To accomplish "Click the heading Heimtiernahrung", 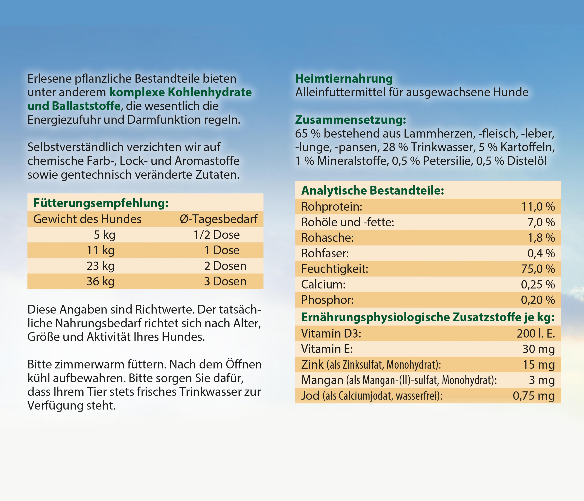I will [344, 79].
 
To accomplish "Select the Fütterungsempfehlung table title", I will [101, 203].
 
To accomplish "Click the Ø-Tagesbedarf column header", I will [218, 219].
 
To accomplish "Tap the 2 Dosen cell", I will [225, 266].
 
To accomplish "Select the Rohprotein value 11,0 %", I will [538, 207].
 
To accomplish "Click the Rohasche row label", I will [327, 238].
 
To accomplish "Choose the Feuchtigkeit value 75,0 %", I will [538, 269].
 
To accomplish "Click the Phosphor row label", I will [327, 300].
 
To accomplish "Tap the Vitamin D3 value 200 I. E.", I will [535, 334].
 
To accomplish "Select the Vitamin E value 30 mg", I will [538, 349].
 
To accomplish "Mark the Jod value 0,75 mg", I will [534, 396].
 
